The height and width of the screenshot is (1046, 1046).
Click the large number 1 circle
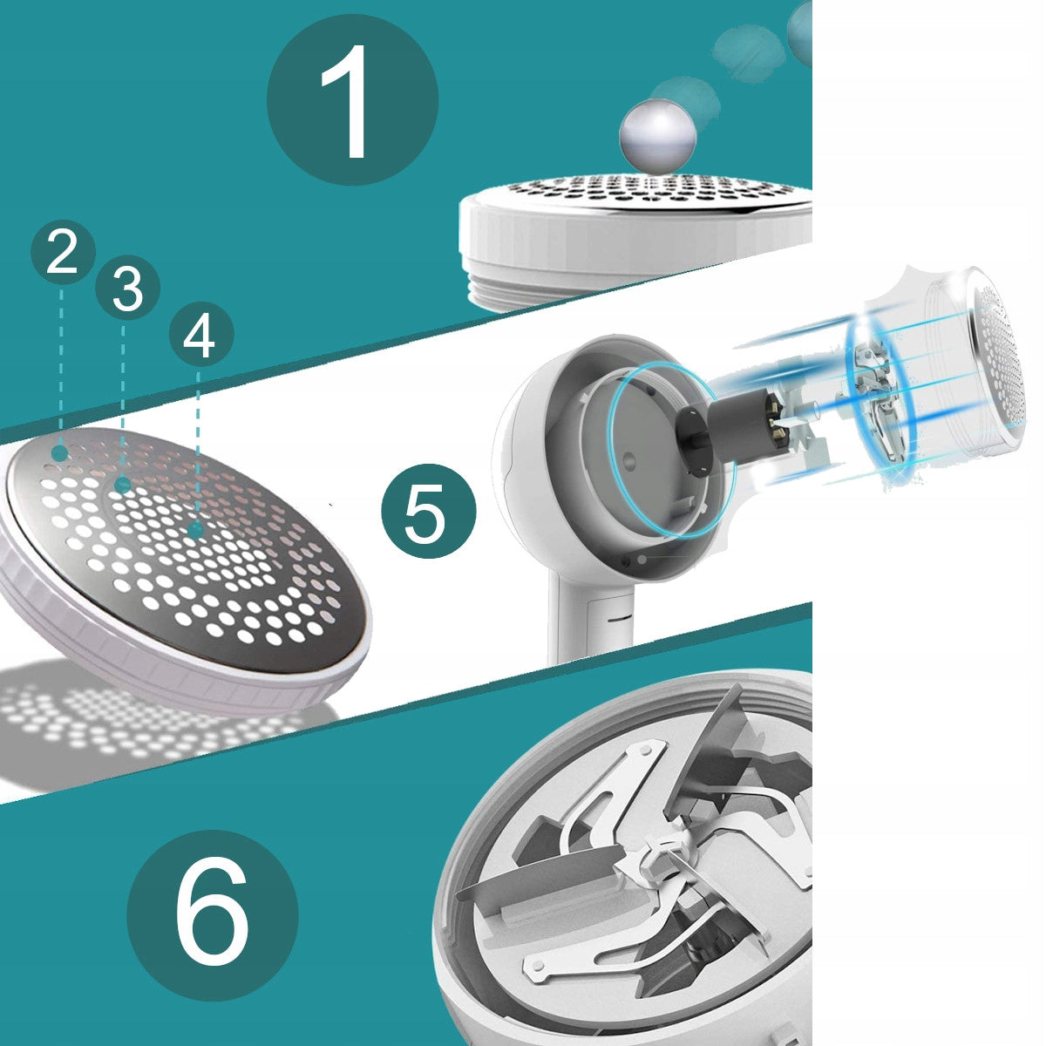coord(352,100)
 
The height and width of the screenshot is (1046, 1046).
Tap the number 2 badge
coord(63,253)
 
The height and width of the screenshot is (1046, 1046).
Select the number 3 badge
coord(127,288)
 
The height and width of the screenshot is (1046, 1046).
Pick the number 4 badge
coord(201,335)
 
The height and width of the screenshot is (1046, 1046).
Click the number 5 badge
coord(429,510)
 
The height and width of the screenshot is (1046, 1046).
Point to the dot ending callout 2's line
coord(60,452)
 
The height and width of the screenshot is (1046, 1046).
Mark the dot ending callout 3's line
coord(124,484)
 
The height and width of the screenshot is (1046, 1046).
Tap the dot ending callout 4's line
coord(196,529)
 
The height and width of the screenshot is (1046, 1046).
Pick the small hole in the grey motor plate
coord(629,461)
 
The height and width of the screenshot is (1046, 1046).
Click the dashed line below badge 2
coord(61,364)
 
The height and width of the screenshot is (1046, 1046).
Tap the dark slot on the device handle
coord(616,618)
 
